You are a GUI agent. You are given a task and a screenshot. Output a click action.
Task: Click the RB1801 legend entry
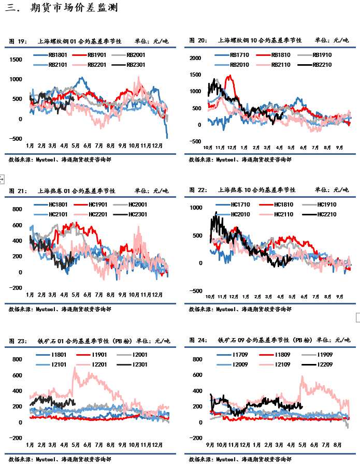(56, 55)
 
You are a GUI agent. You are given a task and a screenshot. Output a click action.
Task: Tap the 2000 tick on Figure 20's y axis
(195, 58)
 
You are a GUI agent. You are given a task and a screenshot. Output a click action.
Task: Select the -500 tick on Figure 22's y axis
(195, 291)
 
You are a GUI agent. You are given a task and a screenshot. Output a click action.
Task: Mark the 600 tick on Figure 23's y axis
(17, 375)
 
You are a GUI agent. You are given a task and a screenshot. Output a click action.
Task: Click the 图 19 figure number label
(18, 40)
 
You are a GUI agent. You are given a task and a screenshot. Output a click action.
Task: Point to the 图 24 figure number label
(198, 340)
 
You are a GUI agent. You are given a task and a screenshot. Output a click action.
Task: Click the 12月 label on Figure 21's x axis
(157, 294)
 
